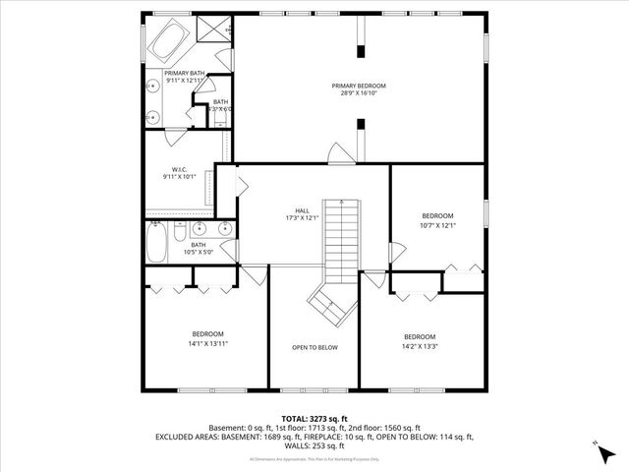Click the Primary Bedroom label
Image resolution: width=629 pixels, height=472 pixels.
point(358,86)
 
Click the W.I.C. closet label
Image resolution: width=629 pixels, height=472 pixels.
point(179,169)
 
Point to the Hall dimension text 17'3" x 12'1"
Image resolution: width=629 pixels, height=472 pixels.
point(303,217)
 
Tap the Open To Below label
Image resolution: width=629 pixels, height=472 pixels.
point(314,347)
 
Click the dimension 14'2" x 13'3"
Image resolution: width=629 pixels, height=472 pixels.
point(420,346)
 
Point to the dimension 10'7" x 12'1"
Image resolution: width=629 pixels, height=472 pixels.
point(437,225)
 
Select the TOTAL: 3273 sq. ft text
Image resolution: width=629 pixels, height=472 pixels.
point(314,419)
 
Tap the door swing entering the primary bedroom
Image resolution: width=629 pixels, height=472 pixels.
point(337,154)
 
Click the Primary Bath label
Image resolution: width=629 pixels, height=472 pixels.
point(184,73)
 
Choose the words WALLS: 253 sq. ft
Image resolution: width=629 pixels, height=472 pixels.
point(314,444)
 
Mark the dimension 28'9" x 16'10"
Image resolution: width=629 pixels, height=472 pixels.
point(358,94)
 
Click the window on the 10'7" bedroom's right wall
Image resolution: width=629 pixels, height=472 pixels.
point(486,214)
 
